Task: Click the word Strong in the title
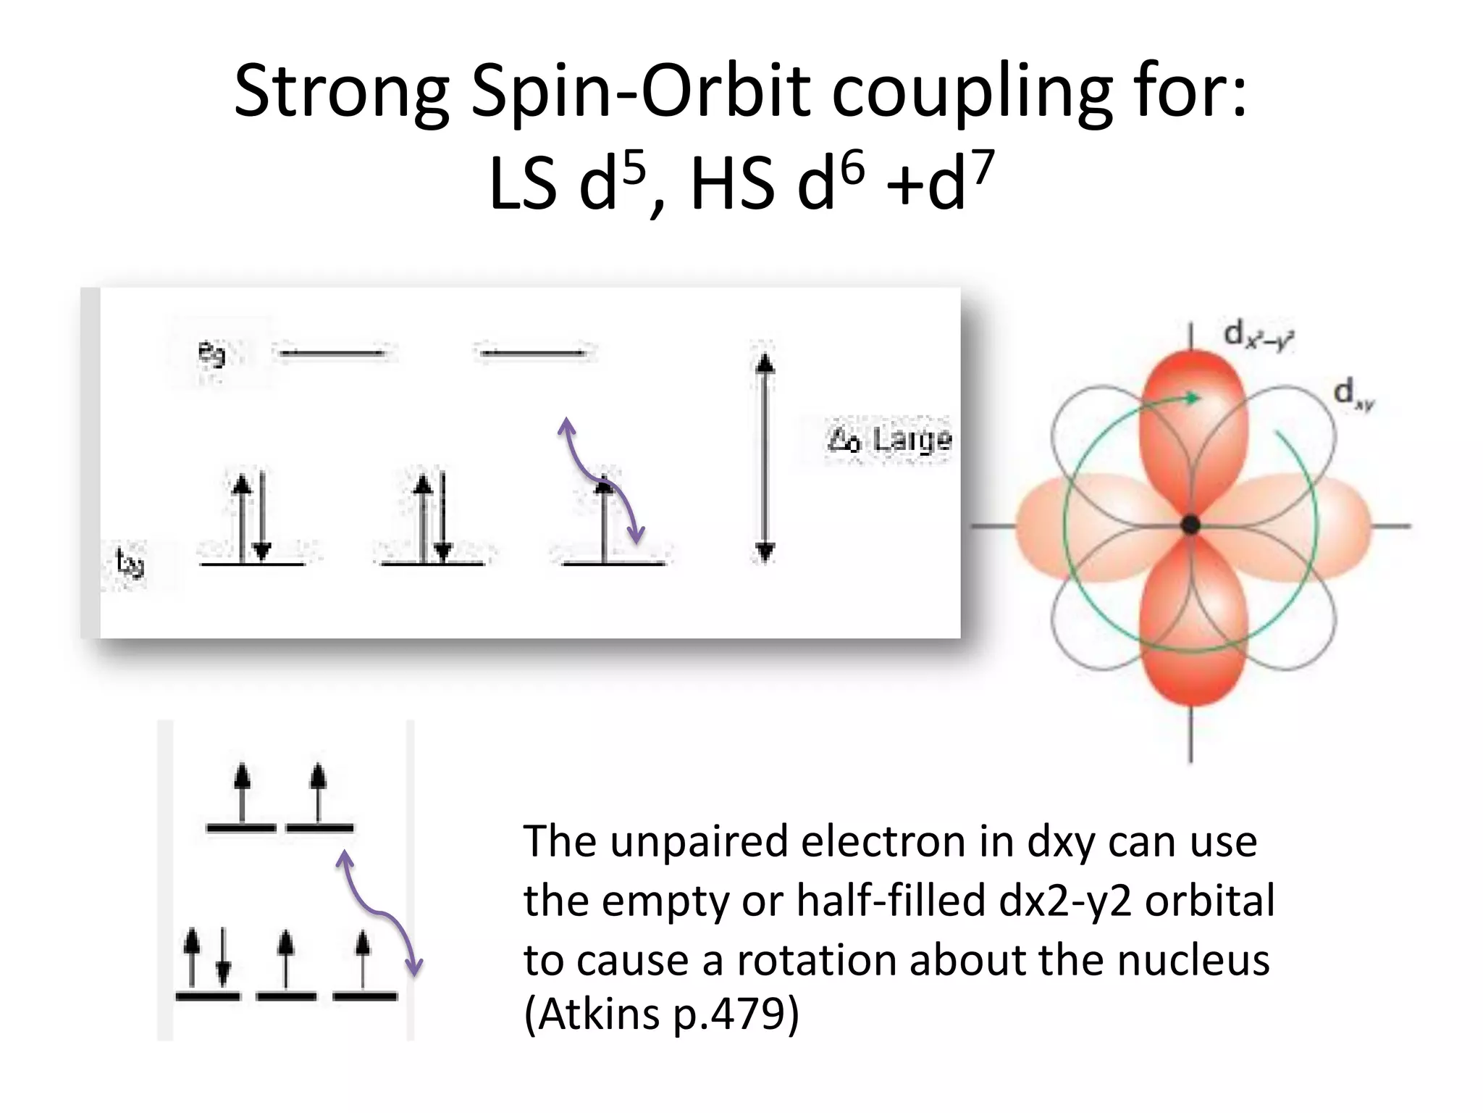(341, 93)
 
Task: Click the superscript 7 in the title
(983, 168)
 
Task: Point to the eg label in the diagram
(211, 354)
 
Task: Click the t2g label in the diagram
(130, 563)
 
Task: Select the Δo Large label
(889, 439)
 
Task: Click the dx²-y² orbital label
(1259, 335)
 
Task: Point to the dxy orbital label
(1353, 393)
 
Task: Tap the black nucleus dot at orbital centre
(1190, 525)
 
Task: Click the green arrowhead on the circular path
(1191, 398)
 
